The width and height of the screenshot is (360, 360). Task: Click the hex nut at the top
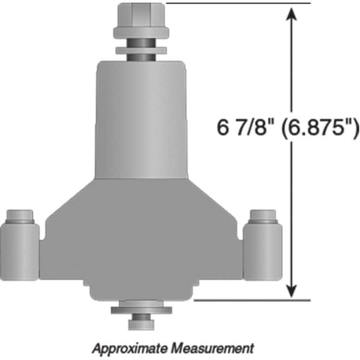point(141,15)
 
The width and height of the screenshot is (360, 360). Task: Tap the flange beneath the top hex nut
point(141,33)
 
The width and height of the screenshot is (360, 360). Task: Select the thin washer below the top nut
point(141,50)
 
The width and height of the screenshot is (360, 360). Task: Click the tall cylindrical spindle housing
point(142,120)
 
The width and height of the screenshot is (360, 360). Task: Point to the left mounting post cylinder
point(20,252)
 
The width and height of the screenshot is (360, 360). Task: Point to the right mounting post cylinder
point(263,252)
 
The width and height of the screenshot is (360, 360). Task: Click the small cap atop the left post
point(20,216)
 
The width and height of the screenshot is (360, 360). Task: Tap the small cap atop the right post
point(263,216)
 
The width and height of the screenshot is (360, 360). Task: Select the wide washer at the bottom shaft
point(142,310)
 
